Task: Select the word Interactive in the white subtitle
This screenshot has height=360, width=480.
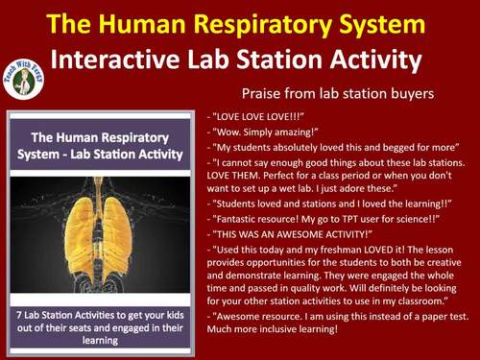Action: [x=122, y=60]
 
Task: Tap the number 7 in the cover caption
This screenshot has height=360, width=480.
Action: [x=33, y=293]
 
